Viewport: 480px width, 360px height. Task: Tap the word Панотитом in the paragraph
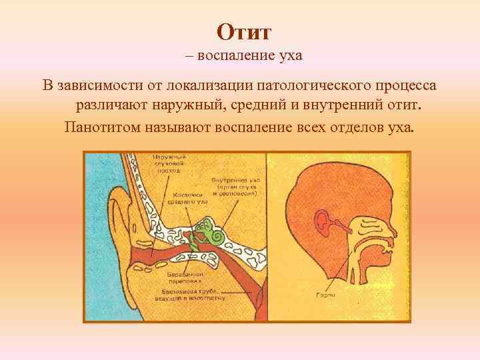click(103, 127)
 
